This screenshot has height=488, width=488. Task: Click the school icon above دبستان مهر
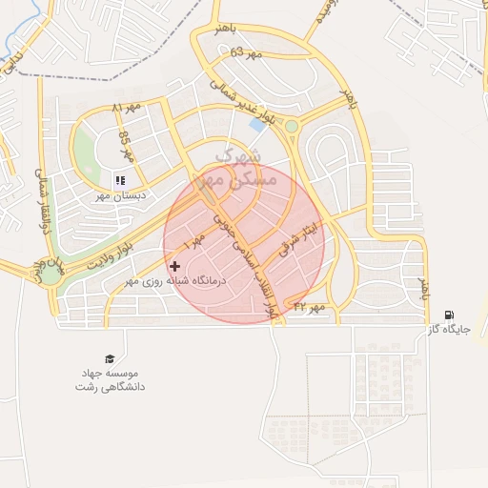(x=119, y=180)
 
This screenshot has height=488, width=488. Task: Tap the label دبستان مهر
(x=118, y=195)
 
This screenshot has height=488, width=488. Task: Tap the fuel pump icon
(x=449, y=315)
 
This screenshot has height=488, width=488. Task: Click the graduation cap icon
(x=111, y=358)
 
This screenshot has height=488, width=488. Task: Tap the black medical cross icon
(x=173, y=266)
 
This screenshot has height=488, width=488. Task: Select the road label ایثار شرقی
(x=296, y=244)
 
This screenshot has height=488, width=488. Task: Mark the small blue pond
(x=257, y=124)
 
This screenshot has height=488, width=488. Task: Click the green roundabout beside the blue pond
(x=291, y=126)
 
